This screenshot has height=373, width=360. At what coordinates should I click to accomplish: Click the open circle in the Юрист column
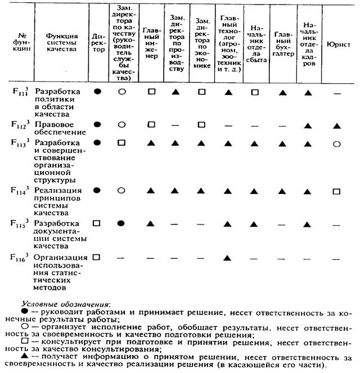[336, 143]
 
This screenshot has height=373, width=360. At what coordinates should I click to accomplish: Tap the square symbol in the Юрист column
[336, 191]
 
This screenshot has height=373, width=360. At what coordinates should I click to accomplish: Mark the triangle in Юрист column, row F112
[336, 125]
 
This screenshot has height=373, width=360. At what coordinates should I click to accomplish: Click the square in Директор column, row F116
[97, 257]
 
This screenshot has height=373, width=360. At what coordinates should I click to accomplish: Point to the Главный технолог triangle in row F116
[228, 258]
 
